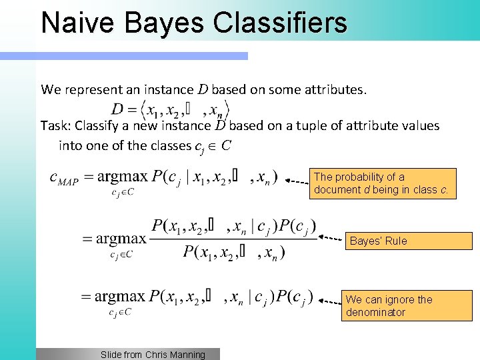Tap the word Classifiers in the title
click(x=280, y=22)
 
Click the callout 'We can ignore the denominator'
click(x=406, y=305)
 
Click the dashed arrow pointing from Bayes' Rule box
click(x=331, y=237)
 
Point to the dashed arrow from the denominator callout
click(x=328, y=301)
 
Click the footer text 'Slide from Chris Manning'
click(x=153, y=355)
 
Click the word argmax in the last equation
click(x=119, y=297)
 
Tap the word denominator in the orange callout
click(x=375, y=312)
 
